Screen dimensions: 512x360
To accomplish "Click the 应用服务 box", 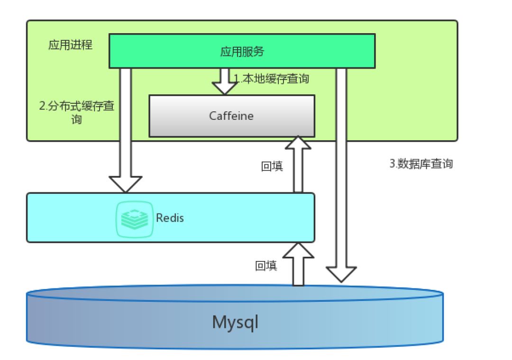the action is (242, 51).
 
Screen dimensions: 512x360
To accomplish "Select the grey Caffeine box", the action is (232, 116).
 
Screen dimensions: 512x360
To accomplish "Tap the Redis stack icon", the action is (135, 219).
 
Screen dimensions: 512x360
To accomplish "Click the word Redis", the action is (170, 218).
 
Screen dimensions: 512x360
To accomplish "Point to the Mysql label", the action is (235, 323).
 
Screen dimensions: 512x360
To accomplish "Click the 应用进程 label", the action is (71, 45).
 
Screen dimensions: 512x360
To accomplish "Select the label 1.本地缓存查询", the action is (271, 79).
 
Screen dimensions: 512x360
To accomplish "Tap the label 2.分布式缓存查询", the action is (77, 112).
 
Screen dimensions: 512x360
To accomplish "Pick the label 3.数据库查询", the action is (421, 163).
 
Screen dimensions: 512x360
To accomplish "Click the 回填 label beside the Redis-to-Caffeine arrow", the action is (272, 166).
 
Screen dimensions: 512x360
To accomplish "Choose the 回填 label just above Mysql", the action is (266, 266).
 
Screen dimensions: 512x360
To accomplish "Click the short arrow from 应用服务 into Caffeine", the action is (225, 81).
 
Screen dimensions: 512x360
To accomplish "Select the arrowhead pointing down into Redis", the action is (125, 184).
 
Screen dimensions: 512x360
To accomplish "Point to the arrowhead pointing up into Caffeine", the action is (298, 143).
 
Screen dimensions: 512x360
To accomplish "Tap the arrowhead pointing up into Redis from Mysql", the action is (298, 250).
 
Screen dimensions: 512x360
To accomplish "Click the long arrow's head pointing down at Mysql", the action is (341, 274).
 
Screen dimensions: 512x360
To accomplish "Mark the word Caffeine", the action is (231, 116).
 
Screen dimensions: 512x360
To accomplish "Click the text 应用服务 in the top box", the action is (242, 51).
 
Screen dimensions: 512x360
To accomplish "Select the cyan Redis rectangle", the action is (171, 218).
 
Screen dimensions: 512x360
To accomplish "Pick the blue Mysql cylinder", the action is (235, 316).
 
